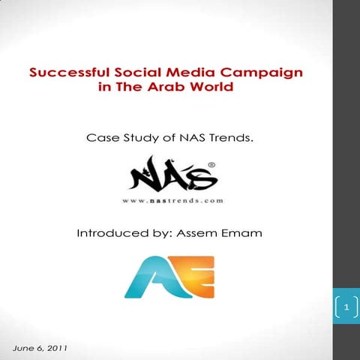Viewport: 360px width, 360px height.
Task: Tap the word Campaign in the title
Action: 265,73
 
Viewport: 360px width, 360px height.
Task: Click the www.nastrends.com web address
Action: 173,201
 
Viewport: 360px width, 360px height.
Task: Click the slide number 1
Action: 346,307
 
